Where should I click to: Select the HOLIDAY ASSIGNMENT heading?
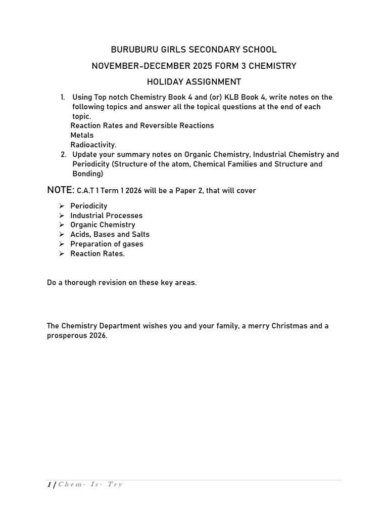point(194,82)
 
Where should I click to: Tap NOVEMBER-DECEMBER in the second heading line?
point(136,66)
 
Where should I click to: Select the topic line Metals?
point(82,135)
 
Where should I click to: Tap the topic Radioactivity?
point(93,145)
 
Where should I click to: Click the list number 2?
point(63,154)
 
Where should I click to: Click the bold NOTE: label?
point(60,190)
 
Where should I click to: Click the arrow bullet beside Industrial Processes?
point(61,215)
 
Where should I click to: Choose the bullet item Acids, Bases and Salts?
point(110,234)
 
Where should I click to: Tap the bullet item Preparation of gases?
point(107,244)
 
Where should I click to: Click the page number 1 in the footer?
point(49,485)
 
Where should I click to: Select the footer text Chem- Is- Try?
point(90,485)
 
